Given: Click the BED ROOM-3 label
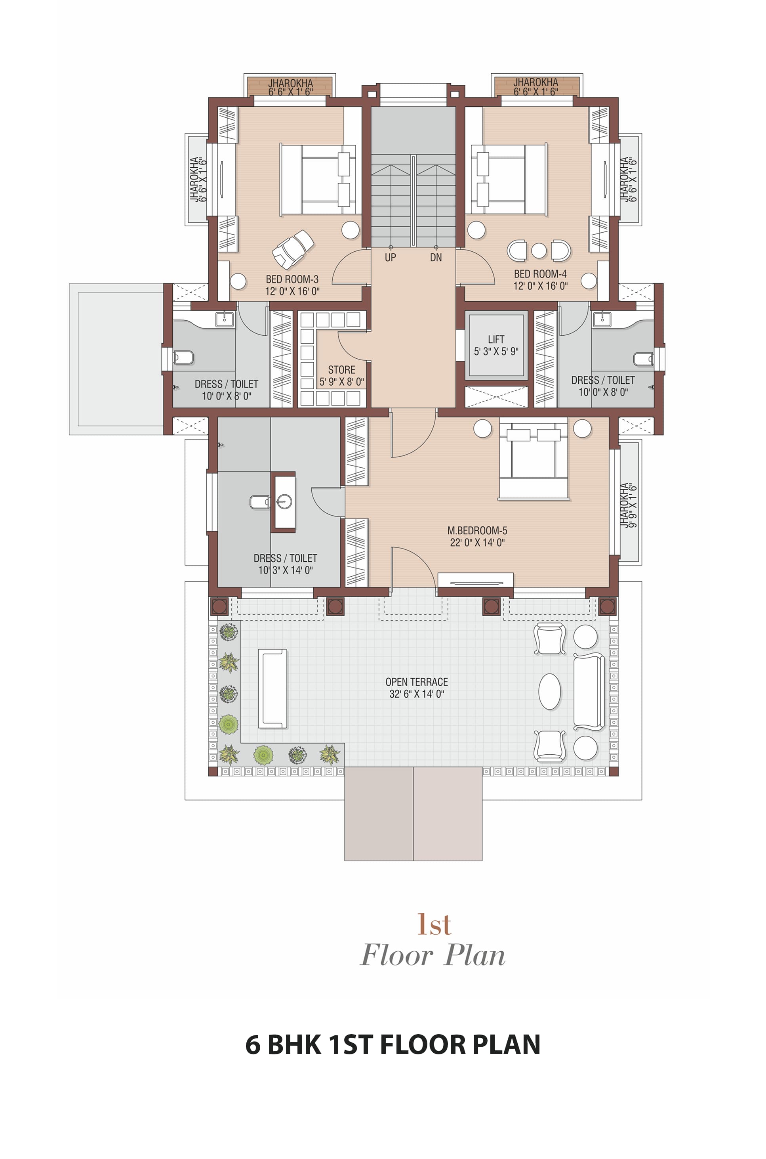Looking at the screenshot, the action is [292, 279].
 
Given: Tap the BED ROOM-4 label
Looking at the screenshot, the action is [540, 274].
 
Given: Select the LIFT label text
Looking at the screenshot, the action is [496, 339].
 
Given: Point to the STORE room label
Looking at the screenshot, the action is [341, 369].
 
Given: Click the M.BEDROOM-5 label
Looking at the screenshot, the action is [477, 530].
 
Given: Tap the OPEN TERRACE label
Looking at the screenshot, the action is [417, 682].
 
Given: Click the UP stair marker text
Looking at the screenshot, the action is [391, 258].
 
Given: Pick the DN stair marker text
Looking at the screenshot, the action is [436, 258].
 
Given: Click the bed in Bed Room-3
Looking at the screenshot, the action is [318, 180].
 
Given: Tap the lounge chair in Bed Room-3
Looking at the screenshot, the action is [293, 249].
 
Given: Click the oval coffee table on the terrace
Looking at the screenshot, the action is [550, 691].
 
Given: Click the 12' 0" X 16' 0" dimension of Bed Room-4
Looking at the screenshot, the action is [540, 286].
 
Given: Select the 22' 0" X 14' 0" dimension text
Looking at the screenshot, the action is [477, 542].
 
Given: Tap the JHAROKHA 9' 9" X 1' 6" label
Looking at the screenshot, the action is [629, 505].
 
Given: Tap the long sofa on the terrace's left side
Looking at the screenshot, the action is [272, 689].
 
